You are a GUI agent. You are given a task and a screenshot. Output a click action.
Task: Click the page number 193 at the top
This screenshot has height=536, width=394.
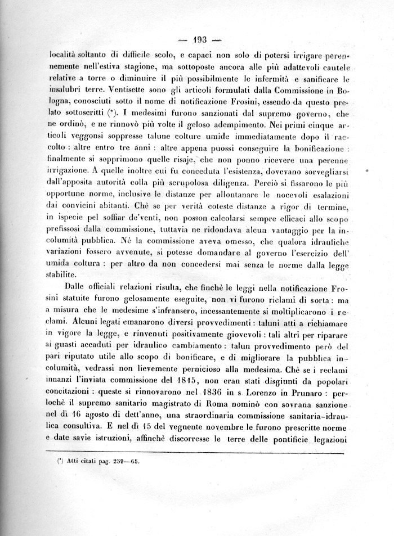coord(200,40)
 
